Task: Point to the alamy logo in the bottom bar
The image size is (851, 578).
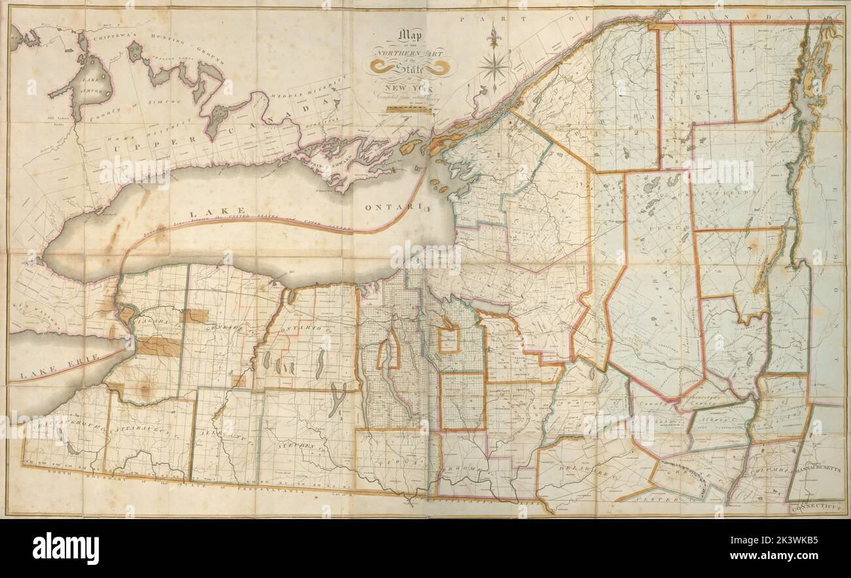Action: point(65,547)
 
